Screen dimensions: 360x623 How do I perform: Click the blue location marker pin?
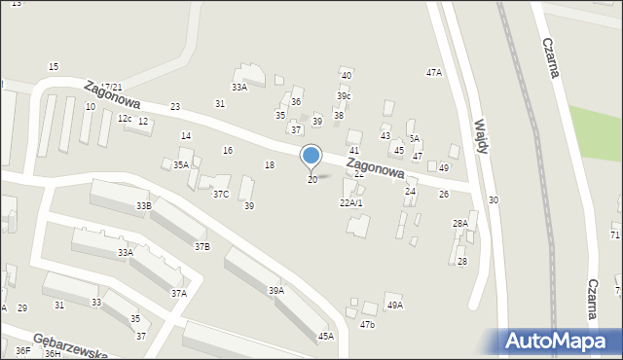click(x=311, y=157)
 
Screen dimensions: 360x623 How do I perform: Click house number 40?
click(x=347, y=76)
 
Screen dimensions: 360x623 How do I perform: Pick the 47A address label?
click(x=434, y=73)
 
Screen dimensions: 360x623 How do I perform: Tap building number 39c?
click(x=344, y=96)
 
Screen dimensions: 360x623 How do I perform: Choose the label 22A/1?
click(x=350, y=203)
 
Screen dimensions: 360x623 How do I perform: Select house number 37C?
click(x=221, y=195)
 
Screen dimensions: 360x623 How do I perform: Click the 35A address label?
click(x=181, y=165)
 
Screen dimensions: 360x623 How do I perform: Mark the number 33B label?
click(x=144, y=206)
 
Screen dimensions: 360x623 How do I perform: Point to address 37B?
click(x=202, y=247)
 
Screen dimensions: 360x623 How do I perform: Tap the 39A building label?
click(x=276, y=290)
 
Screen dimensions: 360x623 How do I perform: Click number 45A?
click(x=325, y=337)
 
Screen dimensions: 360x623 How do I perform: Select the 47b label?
click(x=367, y=325)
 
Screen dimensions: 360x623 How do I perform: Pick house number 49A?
click(x=394, y=306)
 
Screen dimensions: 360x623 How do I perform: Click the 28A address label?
click(x=459, y=224)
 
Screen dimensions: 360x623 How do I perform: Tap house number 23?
click(x=175, y=107)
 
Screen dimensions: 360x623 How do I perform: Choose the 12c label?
click(x=125, y=119)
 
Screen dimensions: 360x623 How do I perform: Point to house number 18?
click(x=270, y=165)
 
